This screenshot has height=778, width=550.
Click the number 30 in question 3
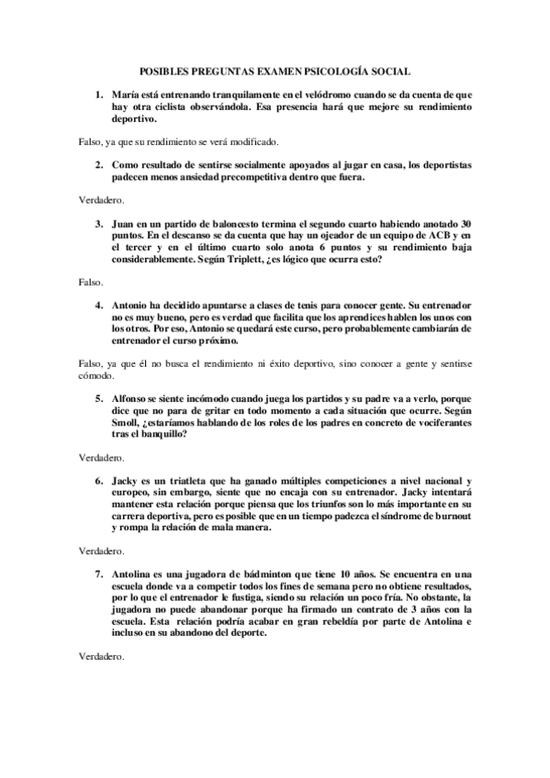point(466,224)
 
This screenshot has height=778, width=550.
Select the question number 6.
point(98,480)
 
